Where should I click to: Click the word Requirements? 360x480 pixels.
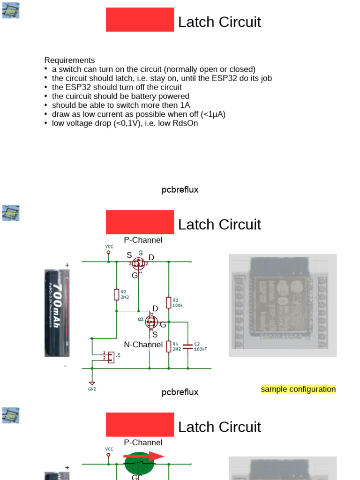click(x=69, y=60)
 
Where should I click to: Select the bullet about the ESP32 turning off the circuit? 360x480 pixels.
click(x=117, y=87)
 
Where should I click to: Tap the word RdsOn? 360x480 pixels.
click(x=187, y=123)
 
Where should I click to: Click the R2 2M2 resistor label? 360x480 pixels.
click(x=125, y=294)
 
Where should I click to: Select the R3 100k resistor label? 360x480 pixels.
click(x=177, y=302)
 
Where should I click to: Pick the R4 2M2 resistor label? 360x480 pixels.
click(x=177, y=346)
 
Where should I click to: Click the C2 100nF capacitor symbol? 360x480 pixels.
click(x=188, y=346)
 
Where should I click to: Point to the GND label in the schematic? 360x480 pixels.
click(x=92, y=389)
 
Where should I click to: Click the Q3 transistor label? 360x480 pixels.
click(x=141, y=319)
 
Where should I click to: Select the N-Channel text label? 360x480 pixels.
click(x=143, y=345)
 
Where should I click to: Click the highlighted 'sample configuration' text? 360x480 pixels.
click(x=298, y=389)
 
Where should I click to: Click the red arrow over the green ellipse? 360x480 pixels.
click(x=144, y=456)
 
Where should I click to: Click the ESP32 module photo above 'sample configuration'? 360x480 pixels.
click(x=282, y=305)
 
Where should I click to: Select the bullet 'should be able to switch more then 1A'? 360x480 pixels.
click(x=121, y=105)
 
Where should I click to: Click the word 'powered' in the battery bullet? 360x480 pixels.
click(x=174, y=96)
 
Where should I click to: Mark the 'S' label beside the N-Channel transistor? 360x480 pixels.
click(x=155, y=335)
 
